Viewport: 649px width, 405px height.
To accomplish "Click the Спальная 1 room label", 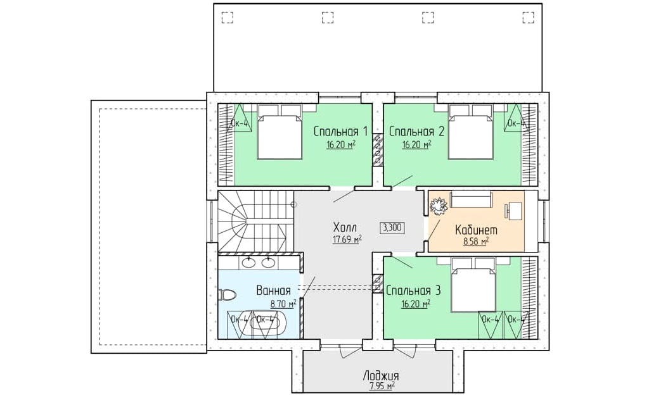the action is click(x=340, y=132).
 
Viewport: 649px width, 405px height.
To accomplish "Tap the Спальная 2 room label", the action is click(x=417, y=132).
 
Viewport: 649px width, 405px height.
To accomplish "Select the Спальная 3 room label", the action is click(x=413, y=290).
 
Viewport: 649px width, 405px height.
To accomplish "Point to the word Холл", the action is click(x=345, y=227).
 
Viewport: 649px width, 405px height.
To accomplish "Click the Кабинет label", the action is click(x=476, y=230).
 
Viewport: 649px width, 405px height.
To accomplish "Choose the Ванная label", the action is click(x=274, y=290).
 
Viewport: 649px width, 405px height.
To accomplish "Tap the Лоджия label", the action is click(x=381, y=375).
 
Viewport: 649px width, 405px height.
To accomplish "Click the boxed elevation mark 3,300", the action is click(x=392, y=227).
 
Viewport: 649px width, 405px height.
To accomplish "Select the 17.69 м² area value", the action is click(x=347, y=239).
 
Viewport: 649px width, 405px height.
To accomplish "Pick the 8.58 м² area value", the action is click(x=476, y=242).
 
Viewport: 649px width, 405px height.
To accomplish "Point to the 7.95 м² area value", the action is click(x=381, y=387).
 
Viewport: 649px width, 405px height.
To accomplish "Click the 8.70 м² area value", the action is click(x=283, y=304).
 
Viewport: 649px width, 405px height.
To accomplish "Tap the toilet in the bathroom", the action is click(x=227, y=295).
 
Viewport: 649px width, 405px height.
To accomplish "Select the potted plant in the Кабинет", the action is click(x=438, y=206).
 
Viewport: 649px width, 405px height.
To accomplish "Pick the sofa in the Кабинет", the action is click(x=471, y=199).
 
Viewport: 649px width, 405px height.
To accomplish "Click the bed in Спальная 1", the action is click(x=280, y=132).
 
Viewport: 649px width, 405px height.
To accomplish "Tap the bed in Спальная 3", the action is click(x=473, y=285).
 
